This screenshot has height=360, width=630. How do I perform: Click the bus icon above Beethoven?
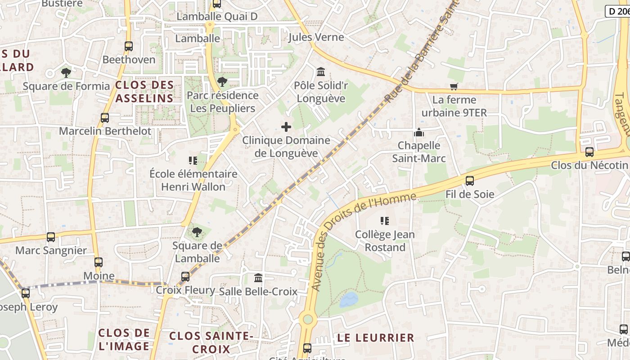pos(129,46)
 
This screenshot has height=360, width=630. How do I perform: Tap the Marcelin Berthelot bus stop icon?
pos(105,118)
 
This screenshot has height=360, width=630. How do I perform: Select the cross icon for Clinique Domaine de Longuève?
pos(286,127)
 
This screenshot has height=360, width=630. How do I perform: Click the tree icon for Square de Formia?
pos(66,72)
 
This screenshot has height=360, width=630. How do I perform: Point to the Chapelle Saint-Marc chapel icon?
pos(419,132)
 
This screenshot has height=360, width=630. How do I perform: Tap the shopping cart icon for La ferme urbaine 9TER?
pos(454,86)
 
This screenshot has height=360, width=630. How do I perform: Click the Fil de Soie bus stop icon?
pos(470,181)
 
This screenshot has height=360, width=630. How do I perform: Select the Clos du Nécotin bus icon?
pos(589,152)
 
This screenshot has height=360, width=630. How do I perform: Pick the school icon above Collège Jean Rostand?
pos(384,221)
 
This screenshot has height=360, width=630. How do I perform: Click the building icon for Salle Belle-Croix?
pos(258,278)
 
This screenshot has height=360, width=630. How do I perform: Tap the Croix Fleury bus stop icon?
pos(185,277)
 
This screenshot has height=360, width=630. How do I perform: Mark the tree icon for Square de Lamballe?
pos(197,232)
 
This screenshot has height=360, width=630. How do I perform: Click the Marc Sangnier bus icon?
pos(51,237)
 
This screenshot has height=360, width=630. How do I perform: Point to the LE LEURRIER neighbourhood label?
pos(375,337)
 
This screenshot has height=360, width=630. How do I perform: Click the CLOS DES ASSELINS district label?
pos(144,91)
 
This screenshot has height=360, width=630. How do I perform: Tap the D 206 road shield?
pos(617,12)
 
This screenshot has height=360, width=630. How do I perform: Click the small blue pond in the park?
pos(349,299)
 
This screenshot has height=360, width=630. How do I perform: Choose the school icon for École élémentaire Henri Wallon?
pos(193,161)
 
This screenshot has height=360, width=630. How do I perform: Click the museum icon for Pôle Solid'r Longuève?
pos(321,72)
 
